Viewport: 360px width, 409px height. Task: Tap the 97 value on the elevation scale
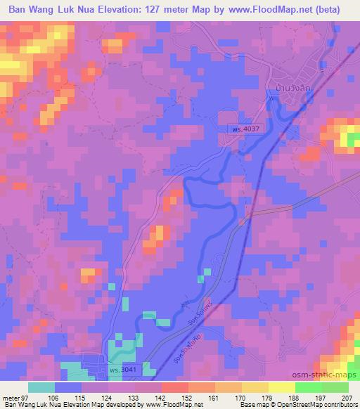click(x=27, y=397)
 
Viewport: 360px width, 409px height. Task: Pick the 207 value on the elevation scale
click(x=347, y=397)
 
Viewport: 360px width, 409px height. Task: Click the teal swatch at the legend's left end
click(x=41, y=387)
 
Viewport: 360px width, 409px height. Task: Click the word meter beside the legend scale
click(x=12, y=397)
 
